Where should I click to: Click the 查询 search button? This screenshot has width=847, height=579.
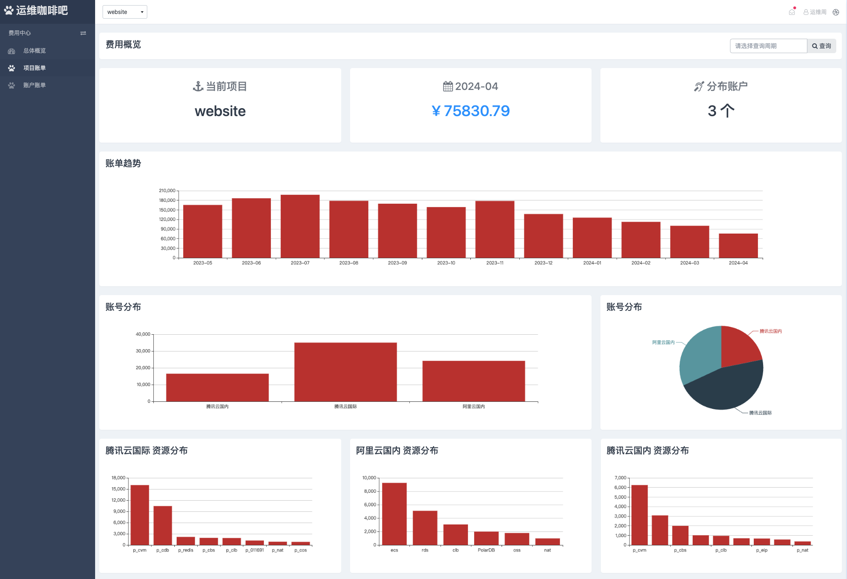tap(821, 46)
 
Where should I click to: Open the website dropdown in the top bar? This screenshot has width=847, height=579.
tap(125, 12)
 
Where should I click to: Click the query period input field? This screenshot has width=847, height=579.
tap(768, 46)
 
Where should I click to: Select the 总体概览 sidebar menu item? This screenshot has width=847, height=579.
tap(34, 51)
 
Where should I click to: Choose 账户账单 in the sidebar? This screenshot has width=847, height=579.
tap(34, 85)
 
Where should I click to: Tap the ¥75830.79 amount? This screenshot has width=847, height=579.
tap(471, 111)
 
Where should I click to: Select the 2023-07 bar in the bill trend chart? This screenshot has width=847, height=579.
tap(300, 227)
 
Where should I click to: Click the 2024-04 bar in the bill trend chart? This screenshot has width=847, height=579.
tap(738, 246)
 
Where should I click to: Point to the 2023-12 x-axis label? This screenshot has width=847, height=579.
tap(544, 263)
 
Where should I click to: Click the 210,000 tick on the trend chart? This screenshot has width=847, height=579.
tap(167, 191)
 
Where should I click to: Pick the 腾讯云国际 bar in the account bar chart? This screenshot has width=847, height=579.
tap(345, 372)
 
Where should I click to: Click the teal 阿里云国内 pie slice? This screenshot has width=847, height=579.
tap(699, 354)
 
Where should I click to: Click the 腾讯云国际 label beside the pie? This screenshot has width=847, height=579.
tap(760, 413)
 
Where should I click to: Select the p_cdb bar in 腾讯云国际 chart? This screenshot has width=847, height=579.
tap(163, 525)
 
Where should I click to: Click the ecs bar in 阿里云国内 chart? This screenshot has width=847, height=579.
tap(394, 514)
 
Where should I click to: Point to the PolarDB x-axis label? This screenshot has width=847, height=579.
tap(486, 551)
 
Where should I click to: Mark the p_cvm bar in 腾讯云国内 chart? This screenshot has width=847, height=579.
tap(640, 515)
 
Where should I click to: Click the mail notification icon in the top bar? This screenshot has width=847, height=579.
tap(792, 12)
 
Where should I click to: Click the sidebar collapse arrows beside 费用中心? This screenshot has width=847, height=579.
tap(83, 33)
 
